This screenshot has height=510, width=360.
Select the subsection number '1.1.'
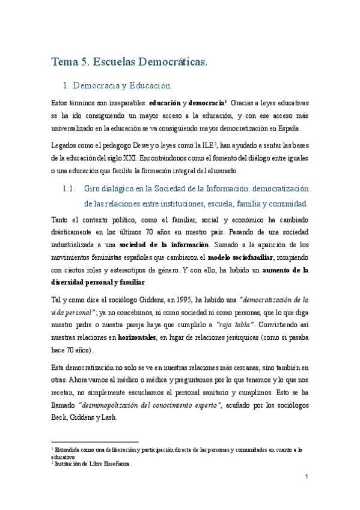click(x=70, y=189)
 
